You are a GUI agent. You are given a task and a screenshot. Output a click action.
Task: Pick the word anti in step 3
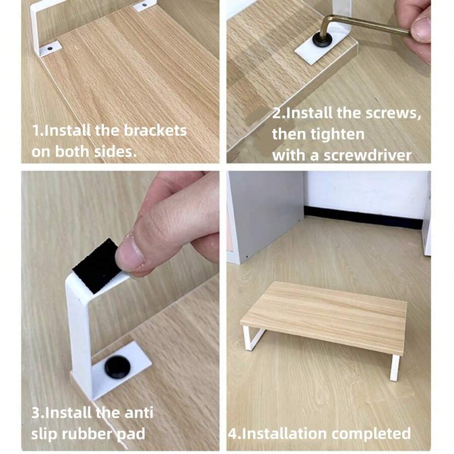[137, 413]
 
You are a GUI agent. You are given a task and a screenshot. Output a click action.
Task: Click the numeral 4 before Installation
[232, 433]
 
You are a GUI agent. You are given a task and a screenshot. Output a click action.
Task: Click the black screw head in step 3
[117, 366]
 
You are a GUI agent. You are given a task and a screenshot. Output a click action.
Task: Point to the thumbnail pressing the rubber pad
[129, 252]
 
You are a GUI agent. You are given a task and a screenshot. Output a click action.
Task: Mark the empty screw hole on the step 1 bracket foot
[51, 47]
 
